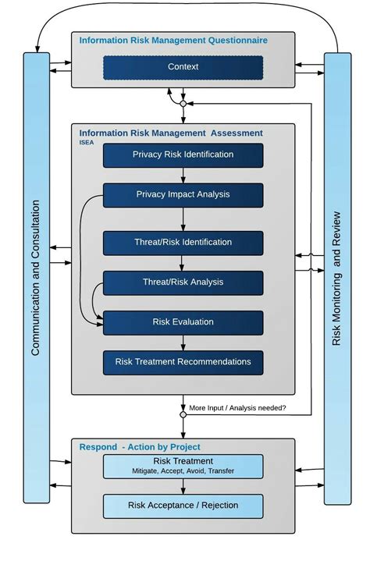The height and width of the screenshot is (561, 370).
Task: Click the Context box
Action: [183, 67]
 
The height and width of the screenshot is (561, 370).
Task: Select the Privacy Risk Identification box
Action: [183, 154]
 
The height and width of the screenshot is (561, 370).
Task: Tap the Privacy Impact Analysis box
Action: [183, 194]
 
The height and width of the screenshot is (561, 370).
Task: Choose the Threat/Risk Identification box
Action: [183, 243]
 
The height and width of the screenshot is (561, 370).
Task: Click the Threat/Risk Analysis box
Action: [183, 282]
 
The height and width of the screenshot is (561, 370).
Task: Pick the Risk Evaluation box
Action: [183, 322]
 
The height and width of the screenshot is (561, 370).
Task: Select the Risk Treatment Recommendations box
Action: [183, 362]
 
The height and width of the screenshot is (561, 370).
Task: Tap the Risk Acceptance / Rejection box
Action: [183, 506]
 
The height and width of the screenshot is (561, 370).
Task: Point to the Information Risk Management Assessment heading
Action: [171, 133]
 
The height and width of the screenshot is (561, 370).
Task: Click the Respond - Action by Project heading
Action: [140, 447]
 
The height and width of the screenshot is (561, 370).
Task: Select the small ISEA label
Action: [87, 143]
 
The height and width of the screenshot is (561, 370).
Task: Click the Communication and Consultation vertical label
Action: [36, 278]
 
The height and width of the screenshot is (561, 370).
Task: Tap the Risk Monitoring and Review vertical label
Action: [337, 278]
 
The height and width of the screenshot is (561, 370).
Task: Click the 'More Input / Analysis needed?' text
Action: [237, 408]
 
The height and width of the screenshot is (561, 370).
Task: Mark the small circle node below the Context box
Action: [183, 103]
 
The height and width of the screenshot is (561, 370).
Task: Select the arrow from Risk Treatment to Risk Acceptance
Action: [183, 486]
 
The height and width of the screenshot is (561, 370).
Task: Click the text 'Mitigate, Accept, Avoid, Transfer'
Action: [183, 470]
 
